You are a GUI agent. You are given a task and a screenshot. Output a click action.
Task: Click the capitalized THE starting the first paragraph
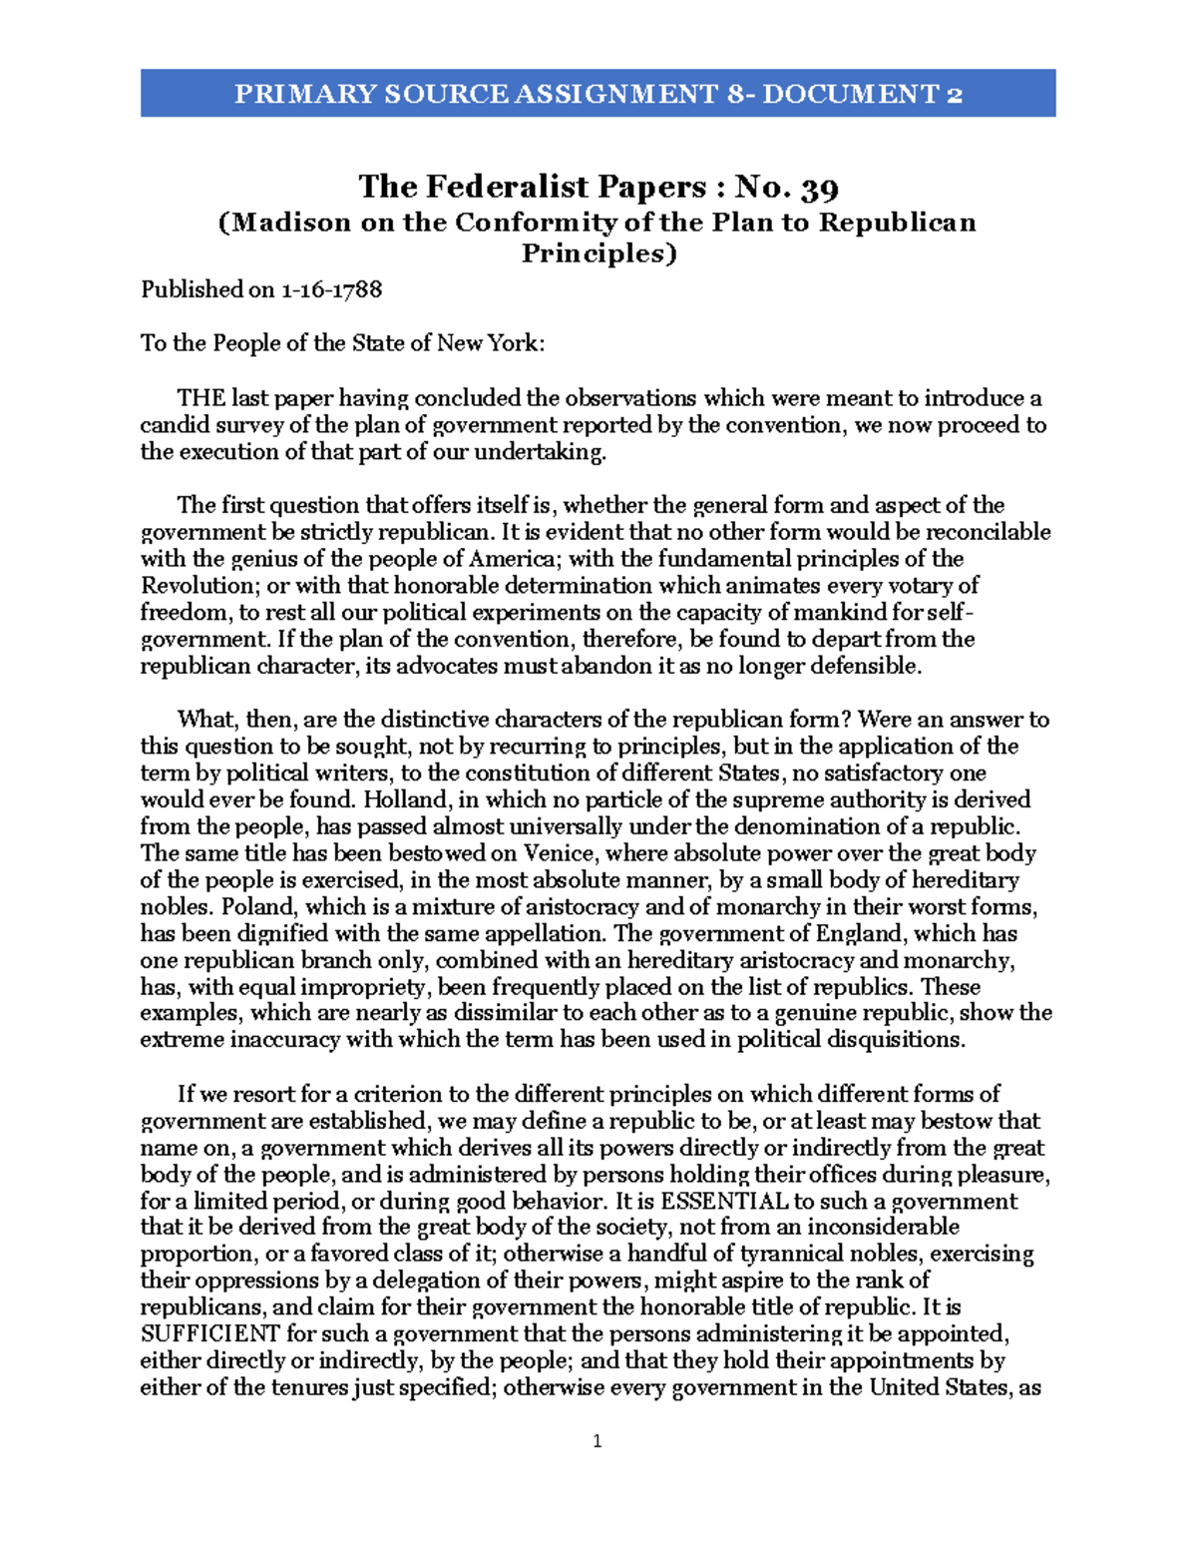coord(200,398)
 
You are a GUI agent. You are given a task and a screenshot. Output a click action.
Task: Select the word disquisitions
coord(894,1040)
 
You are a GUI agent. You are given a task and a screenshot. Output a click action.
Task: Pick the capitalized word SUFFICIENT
coord(209,1334)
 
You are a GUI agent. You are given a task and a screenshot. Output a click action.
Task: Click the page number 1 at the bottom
coord(598,1440)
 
